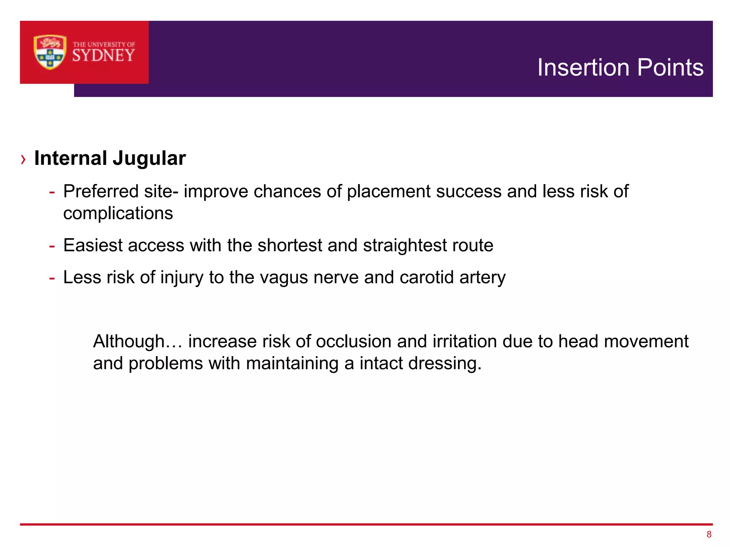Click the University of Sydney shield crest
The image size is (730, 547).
50,52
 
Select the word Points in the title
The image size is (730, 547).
670,67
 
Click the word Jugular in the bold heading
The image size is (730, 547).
149,158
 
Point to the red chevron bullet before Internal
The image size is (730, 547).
24,159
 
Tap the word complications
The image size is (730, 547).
118,213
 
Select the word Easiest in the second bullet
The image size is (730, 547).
93,245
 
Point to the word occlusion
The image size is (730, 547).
353,342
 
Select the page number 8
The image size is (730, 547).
709,534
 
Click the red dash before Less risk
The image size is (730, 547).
52,278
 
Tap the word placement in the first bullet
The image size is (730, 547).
389,191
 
